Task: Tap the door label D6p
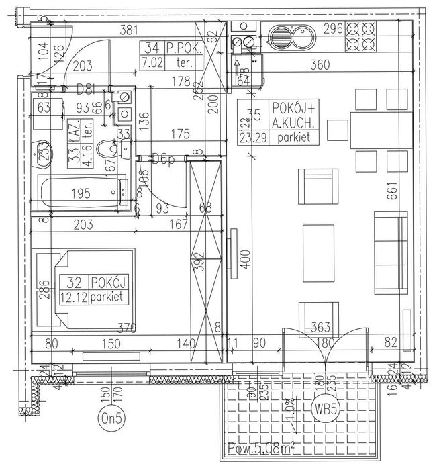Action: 161,159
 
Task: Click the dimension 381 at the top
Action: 128,29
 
